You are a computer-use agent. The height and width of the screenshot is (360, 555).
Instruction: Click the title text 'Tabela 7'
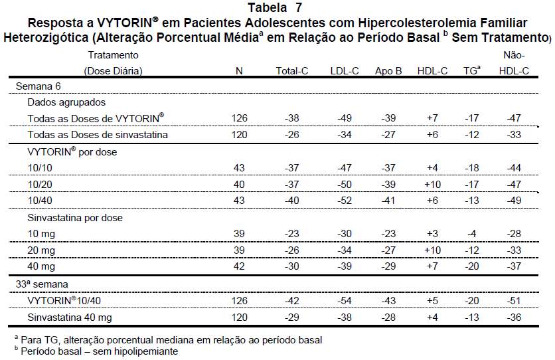tap(275, 7)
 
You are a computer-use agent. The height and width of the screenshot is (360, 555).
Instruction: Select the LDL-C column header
tap(345, 71)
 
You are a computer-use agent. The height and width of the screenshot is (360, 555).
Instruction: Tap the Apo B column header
tap(388, 71)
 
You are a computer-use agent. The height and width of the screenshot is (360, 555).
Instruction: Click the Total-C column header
tap(292, 71)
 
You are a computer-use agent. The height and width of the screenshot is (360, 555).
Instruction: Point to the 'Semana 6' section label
tap(39, 86)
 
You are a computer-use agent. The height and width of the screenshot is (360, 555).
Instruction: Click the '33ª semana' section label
tap(42, 284)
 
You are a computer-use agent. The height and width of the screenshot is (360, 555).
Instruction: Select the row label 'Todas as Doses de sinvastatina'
tap(98, 135)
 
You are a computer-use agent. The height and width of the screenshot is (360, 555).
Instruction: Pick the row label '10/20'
tap(40, 184)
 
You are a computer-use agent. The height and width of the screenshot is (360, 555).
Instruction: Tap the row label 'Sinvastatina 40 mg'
tap(70, 317)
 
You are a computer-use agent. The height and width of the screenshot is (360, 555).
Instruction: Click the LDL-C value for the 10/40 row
tap(345, 201)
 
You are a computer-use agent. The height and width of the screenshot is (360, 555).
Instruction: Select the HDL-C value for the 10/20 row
tap(433, 184)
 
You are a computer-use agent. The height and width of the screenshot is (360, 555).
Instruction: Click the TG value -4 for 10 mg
tap(472, 234)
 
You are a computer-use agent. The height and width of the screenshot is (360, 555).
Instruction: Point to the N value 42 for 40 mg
tap(239, 266)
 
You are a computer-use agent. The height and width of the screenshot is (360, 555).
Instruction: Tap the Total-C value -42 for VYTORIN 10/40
tap(292, 300)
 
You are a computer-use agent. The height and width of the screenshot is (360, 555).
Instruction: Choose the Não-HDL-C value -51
tap(514, 300)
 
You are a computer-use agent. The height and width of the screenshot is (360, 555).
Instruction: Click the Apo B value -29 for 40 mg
tap(388, 266)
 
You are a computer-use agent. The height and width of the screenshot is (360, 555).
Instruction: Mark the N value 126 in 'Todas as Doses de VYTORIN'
tap(239, 118)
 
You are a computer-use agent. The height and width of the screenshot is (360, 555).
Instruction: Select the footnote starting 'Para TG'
tap(169, 340)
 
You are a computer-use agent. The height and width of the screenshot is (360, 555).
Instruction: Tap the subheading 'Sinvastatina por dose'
tap(75, 217)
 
